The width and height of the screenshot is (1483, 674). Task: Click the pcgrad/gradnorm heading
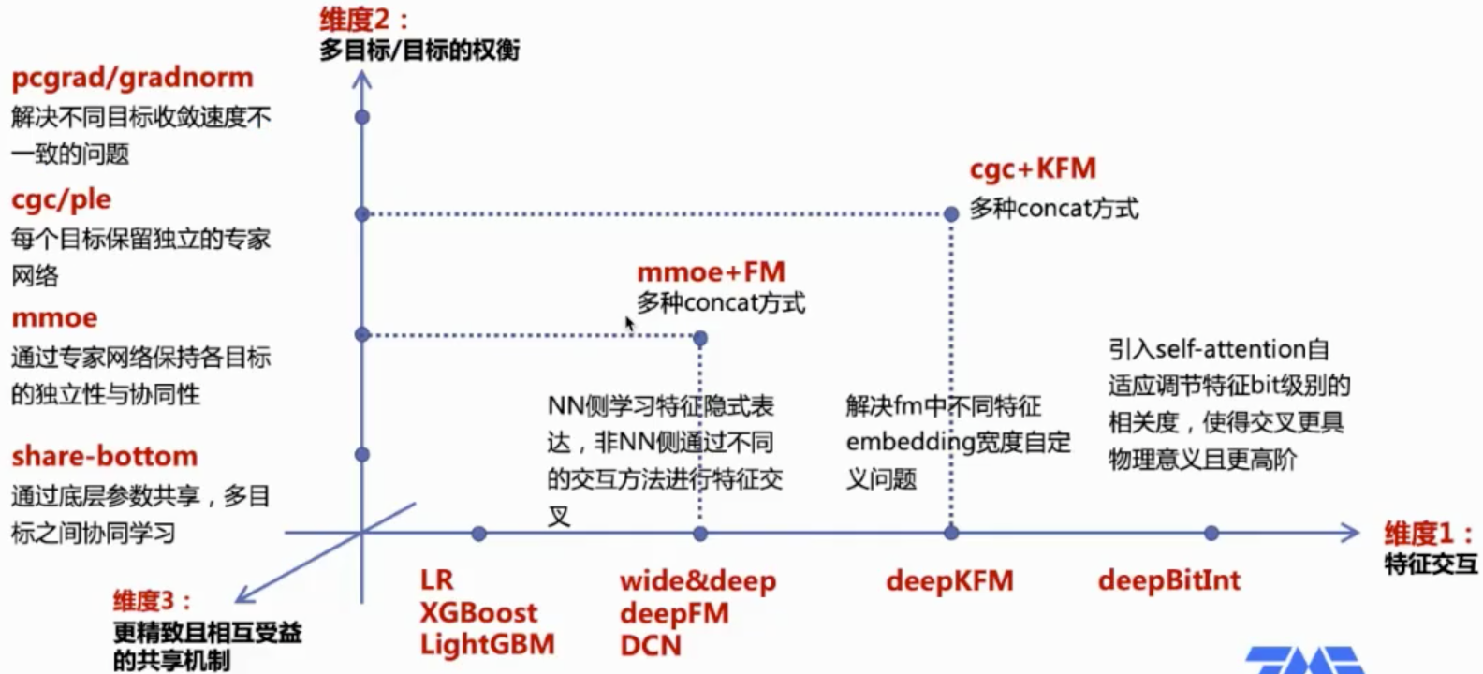pos(132,78)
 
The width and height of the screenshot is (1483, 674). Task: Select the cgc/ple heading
pos(61,199)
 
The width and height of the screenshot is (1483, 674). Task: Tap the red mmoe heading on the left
pos(54,318)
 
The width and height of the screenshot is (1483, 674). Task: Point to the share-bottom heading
pos(104,456)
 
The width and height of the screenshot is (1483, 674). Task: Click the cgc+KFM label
pos(1033,169)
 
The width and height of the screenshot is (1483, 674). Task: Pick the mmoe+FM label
pos(711,272)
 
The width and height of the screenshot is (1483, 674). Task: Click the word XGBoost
pos(478,613)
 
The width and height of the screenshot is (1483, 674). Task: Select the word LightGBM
pos(487,645)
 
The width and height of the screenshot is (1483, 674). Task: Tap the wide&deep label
pos(697,581)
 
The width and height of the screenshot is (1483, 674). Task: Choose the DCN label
pos(650,646)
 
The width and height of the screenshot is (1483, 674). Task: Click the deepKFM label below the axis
pos(949,581)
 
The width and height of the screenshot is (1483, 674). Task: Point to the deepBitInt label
pos(1168,581)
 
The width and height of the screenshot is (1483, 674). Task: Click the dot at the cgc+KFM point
pos(951,214)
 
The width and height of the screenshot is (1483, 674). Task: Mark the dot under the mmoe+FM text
pos(700,338)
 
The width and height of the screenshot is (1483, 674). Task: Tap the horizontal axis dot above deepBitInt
pos(1211,534)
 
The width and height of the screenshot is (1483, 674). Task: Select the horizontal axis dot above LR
pos(479,534)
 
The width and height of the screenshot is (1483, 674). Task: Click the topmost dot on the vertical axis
pos(362,117)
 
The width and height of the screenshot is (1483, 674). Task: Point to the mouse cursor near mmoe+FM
pos(629,324)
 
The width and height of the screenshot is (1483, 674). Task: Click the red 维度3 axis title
pos(152,601)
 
